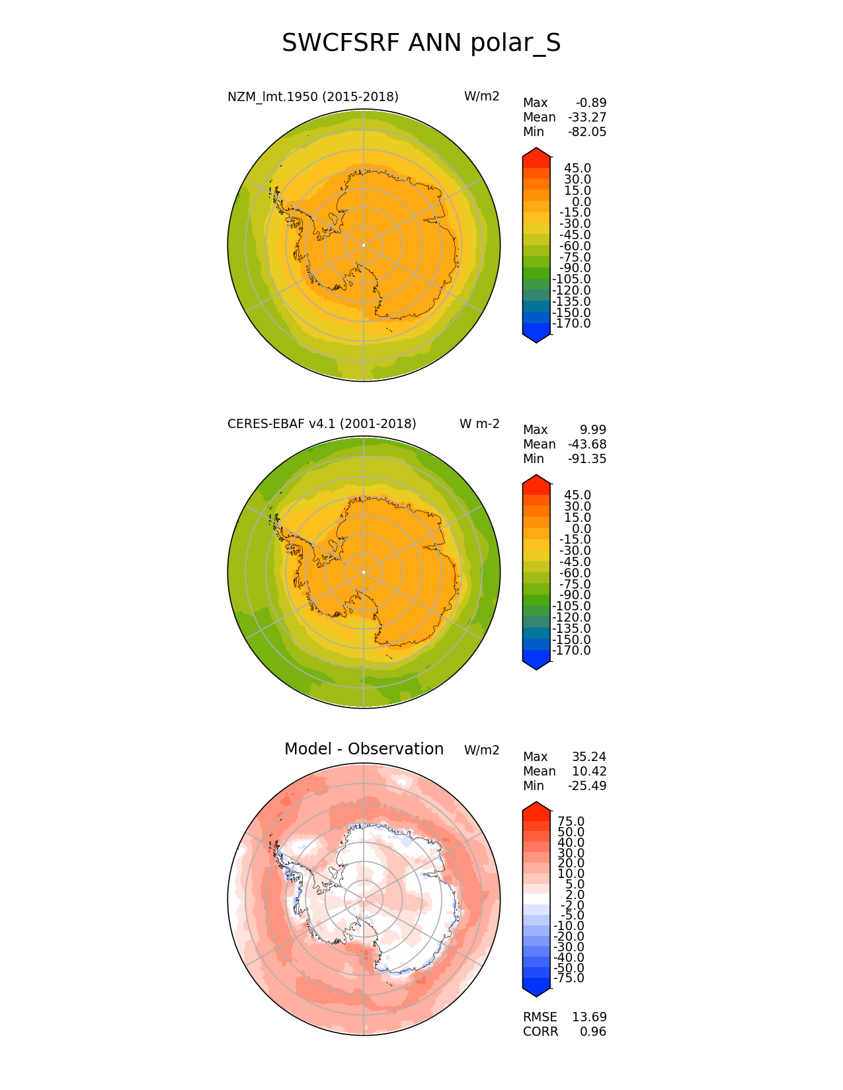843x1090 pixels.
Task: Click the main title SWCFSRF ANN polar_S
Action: (421, 44)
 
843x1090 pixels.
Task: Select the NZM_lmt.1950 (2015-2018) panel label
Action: (313, 96)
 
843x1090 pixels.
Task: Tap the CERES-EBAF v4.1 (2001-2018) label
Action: (321, 423)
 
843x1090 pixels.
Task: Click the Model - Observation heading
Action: (364, 749)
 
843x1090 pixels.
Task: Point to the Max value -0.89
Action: (591, 102)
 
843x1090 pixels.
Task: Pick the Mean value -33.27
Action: (587, 117)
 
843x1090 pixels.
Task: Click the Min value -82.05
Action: (587, 131)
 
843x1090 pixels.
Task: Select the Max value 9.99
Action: (593, 429)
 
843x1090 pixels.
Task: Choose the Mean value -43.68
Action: (587, 444)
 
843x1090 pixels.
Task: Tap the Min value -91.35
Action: (587, 458)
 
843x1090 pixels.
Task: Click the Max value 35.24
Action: (589, 756)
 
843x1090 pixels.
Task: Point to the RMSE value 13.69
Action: (589, 1017)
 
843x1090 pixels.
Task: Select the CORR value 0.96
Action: (593, 1031)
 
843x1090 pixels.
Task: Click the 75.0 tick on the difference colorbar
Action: (571, 821)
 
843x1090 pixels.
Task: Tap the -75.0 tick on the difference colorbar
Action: (569, 978)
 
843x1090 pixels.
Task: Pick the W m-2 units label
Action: (479, 423)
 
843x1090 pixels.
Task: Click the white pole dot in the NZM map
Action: (364, 245)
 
